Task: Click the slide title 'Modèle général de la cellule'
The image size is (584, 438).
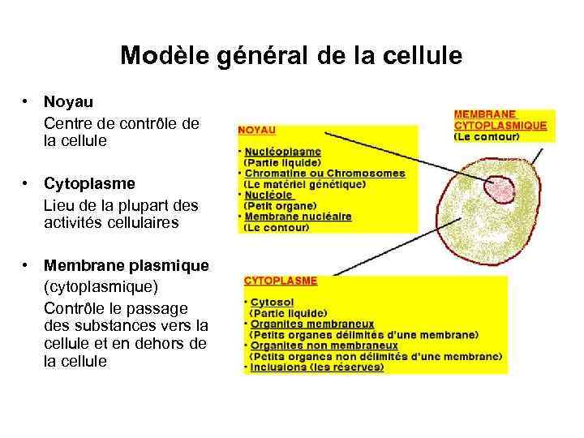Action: point(291,56)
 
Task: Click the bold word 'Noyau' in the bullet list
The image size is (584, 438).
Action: point(68,102)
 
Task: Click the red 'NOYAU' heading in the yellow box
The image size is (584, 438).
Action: point(256,129)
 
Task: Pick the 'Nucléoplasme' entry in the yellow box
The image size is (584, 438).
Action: point(282,152)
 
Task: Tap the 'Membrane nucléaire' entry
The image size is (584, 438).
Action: point(298,217)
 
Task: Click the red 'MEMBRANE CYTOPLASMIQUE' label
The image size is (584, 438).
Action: point(500,120)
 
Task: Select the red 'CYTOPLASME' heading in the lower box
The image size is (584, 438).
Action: point(281,281)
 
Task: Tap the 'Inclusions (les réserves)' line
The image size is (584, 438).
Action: point(316,367)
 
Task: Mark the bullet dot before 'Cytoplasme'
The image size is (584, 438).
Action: point(27,183)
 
